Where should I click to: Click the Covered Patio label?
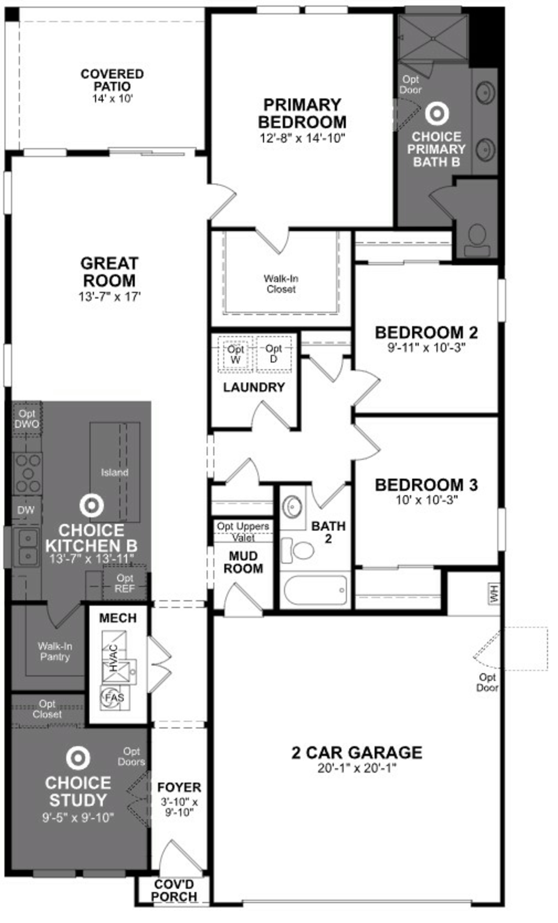coord(112,80)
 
